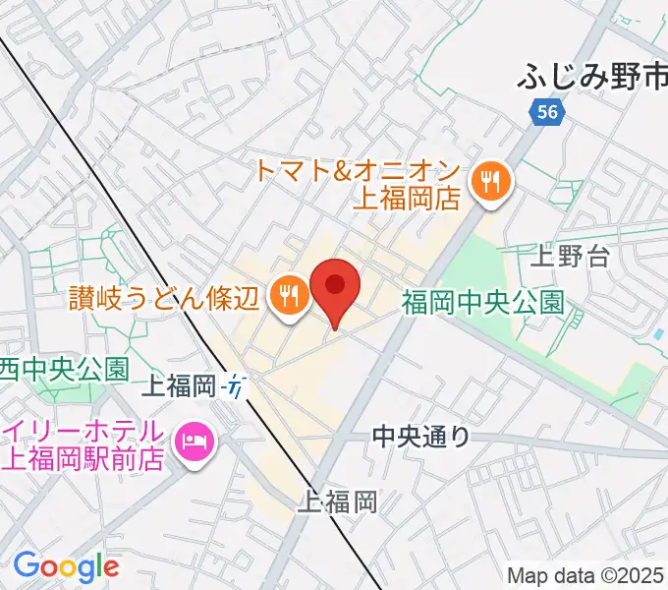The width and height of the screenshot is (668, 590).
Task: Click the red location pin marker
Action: [335, 288]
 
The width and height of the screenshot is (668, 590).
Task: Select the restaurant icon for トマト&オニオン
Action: [487, 180]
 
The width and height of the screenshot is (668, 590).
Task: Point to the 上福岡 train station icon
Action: [236, 386]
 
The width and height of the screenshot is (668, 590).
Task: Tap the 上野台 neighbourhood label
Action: [570, 258]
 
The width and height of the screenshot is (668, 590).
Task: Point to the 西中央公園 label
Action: [65, 369]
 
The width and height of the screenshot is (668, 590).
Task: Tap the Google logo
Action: [66, 565]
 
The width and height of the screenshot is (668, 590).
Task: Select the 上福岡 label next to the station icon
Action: [181, 386]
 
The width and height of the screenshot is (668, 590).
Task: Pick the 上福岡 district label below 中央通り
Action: [340, 503]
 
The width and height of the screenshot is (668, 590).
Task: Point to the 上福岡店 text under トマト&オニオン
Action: [407, 200]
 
